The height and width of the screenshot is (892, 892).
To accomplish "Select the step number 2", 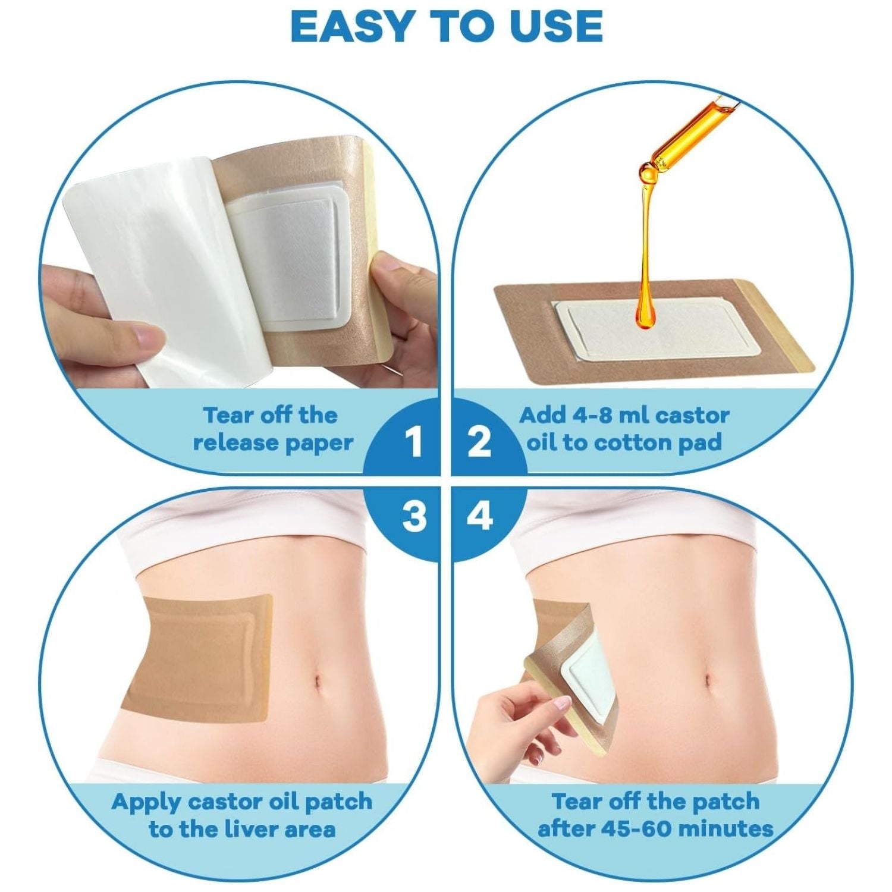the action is pos(480,443).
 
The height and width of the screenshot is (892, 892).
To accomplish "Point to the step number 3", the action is pos(414,515).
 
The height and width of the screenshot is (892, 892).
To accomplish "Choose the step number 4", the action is pos(480,515).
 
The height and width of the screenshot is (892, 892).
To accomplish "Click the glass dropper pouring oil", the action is pos(690,134).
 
